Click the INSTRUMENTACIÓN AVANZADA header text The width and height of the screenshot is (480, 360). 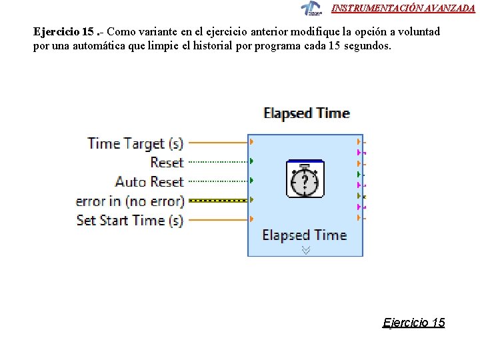coord(403,8)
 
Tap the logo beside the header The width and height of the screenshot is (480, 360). coord(311,8)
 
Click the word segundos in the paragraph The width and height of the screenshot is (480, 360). coord(367,47)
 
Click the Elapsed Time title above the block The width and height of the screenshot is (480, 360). coord(306,113)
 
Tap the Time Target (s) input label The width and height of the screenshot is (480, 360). coord(135,143)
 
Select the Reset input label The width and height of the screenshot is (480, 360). coord(167,162)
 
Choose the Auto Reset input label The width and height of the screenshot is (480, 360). coord(149,181)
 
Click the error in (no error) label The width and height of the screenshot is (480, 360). coord(129,201)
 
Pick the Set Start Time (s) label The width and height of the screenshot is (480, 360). coord(130,220)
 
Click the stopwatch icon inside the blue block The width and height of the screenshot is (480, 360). coord(305,179)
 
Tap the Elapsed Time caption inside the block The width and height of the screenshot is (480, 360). coord(305,235)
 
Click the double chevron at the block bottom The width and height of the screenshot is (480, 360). coord(306,250)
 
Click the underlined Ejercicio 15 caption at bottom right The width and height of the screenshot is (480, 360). coord(413,323)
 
